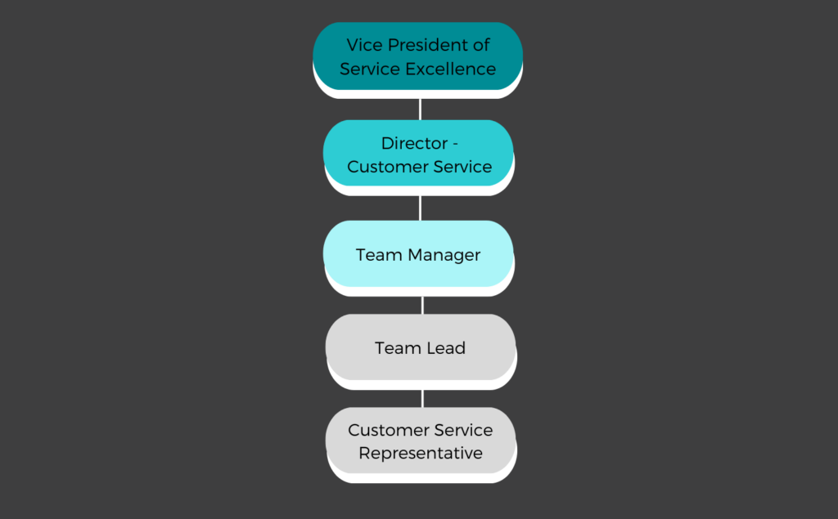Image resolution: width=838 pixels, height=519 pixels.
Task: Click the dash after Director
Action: pyautogui.click(x=455, y=144)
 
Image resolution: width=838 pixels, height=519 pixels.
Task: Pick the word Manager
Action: pyautogui.click(x=444, y=255)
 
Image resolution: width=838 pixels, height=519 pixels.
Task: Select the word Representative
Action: pyautogui.click(x=421, y=454)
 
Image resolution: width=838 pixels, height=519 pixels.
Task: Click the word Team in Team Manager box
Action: pyautogui.click(x=379, y=255)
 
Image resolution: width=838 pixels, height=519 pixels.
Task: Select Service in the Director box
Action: pyautogui.click(x=462, y=167)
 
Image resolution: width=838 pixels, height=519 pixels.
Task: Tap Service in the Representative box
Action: pyautogui.click(x=463, y=430)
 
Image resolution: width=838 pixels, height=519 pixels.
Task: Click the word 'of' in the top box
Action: pyautogui.click(x=481, y=45)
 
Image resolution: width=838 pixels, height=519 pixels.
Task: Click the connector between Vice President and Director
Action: pyautogui.click(x=420, y=110)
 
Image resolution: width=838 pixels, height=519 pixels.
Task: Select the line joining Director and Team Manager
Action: pyautogui.click(x=420, y=208)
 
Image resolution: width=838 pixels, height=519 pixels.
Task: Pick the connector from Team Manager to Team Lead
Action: pyautogui.click(x=422, y=306)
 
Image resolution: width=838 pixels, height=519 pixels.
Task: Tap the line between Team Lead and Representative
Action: pyautogui.click(x=422, y=399)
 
